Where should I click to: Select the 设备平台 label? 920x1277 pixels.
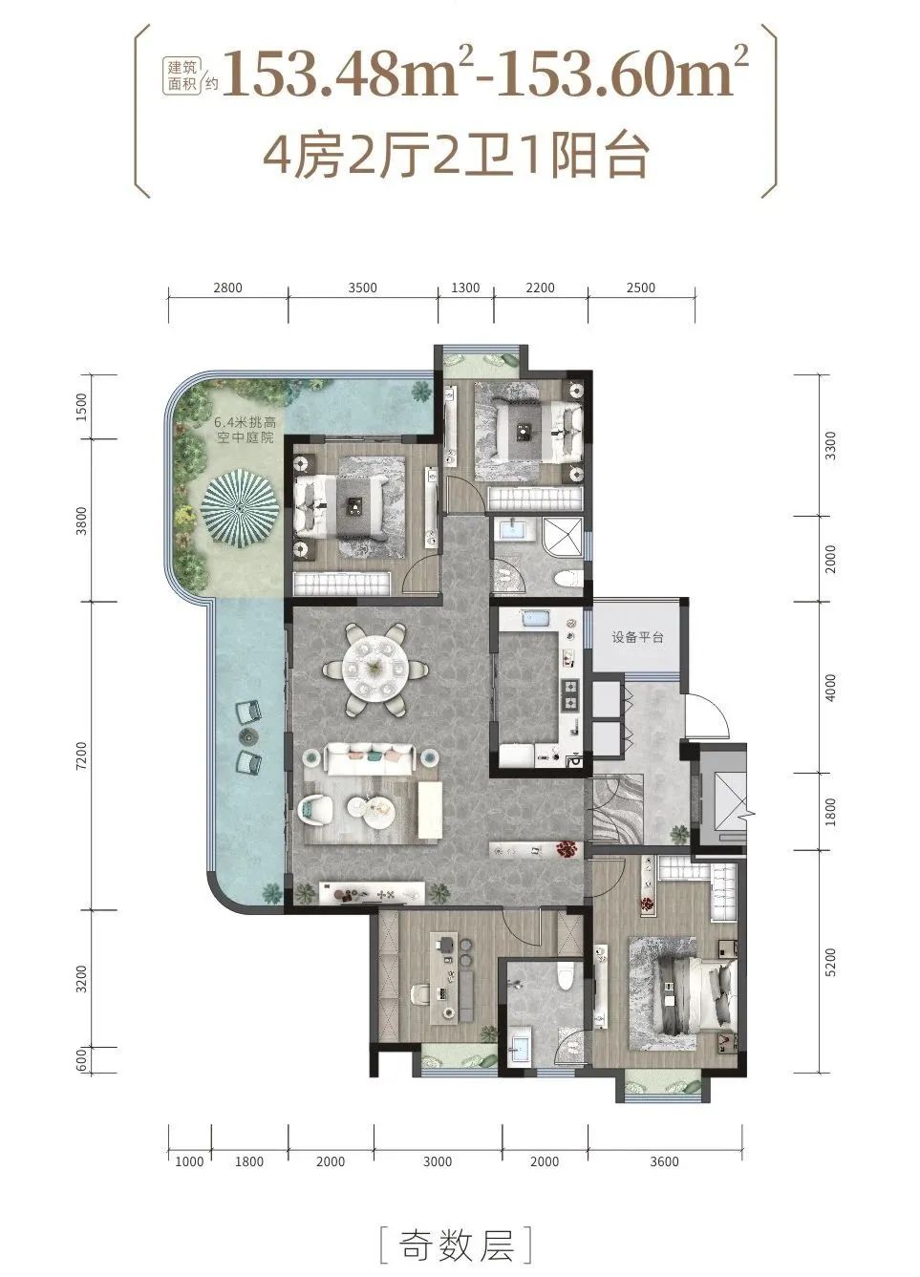[x=637, y=637]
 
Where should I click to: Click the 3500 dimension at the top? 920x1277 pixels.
[x=362, y=287]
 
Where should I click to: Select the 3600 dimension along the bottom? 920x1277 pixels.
[x=664, y=1161]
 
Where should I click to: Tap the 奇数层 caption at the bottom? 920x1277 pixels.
[x=458, y=1245]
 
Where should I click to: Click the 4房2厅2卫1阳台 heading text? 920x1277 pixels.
[x=457, y=155]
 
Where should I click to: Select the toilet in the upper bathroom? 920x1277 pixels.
[x=567, y=579]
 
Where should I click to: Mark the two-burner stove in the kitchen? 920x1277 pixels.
[x=569, y=694]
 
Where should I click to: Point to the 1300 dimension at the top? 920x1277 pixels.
[x=465, y=287]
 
